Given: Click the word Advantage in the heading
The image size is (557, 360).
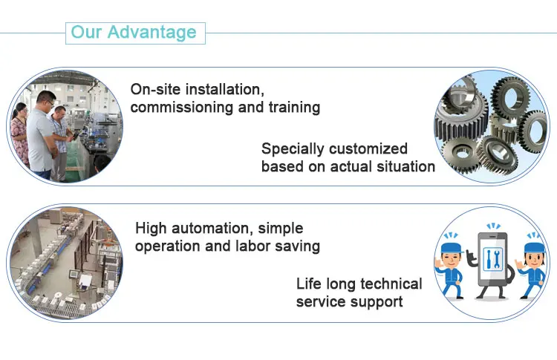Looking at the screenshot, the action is click(152, 33).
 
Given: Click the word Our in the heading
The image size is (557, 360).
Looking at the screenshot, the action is click(86, 32).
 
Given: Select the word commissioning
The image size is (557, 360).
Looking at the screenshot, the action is click(182, 107).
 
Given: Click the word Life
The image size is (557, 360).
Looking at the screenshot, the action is click(308, 284).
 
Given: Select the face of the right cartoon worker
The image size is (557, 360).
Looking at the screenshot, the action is click(533, 260).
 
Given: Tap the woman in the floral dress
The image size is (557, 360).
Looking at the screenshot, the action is click(20, 134).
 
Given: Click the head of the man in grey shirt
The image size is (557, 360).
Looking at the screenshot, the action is click(46, 99).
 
